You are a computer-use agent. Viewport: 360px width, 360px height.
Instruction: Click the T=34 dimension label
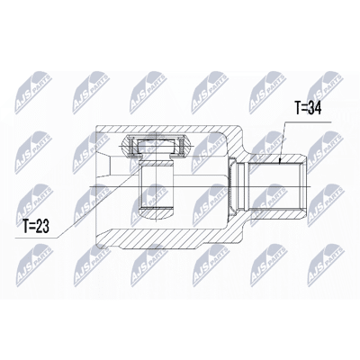[x=308, y=109]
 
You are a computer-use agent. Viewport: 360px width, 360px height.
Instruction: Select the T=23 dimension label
[x=36, y=227]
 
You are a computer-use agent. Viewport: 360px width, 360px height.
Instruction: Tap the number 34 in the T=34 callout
[x=314, y=109]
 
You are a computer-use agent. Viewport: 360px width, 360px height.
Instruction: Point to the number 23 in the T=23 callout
[x=43, y=227]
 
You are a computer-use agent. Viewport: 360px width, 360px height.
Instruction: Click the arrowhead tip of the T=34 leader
[x=280, y=164]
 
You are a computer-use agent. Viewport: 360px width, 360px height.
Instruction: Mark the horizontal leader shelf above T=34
[x=308, y=122]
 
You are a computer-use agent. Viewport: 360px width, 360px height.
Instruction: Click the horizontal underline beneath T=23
[x=36, y=238]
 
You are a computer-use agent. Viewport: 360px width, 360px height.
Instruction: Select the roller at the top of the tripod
[x=157, y=146]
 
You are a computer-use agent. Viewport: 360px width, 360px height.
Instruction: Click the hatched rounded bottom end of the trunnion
[x=157, y=213]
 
